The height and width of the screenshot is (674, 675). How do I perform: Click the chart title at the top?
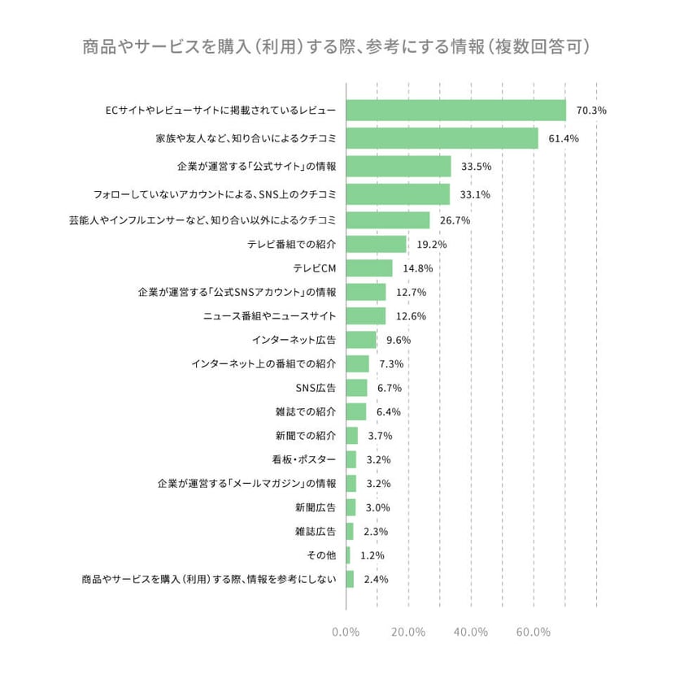[336, 46]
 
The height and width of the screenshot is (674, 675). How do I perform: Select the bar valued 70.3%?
[455, 111]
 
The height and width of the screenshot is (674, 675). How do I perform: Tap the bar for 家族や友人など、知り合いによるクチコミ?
[442, 138]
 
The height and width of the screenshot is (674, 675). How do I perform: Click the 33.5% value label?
[476, 167]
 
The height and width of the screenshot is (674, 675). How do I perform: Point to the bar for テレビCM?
[369, 268]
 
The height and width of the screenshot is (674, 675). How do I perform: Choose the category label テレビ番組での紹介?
[292, 244]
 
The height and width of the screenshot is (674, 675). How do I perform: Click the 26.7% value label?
[455, 220]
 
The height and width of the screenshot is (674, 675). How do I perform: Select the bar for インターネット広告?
[361, 340]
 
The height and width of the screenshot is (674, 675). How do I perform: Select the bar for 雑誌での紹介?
[356, 411]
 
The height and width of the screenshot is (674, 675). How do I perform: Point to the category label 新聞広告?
[316, 507]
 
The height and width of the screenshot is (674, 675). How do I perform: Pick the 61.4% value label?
[563, 139]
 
